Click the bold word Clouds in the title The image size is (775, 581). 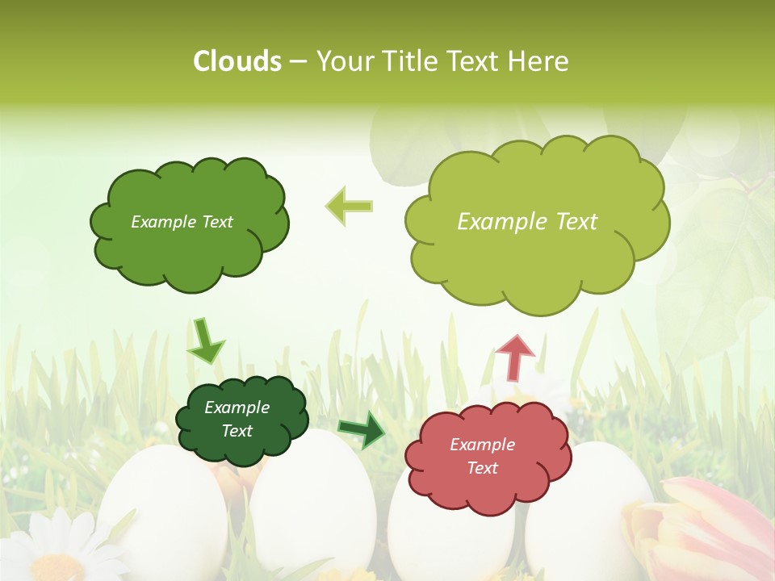click(237, 61)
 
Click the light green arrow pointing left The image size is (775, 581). click(350, 206)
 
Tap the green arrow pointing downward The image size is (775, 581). click(205, 341)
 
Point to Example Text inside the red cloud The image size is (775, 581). click(482, 456)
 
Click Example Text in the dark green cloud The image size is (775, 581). click(237, 420)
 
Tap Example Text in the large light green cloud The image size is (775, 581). click(527, 222)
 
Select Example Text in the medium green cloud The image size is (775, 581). click(182, 222)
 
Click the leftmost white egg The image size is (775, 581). click(161, 508)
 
